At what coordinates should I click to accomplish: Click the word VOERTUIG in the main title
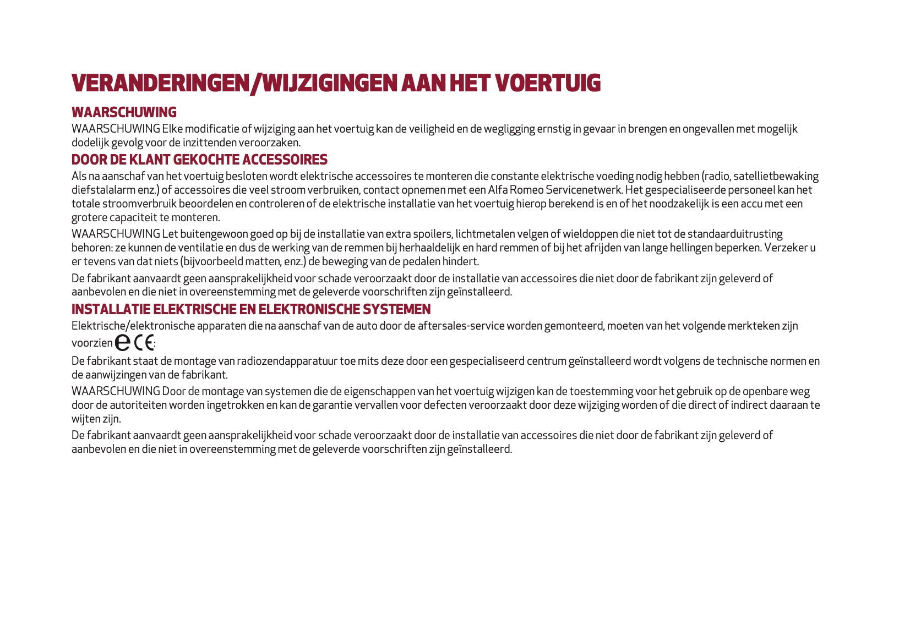pyautogui.click(x=547, y=83)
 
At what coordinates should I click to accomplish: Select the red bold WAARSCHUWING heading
pyautogui.click(x=124, y=112)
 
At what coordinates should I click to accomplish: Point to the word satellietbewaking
pyautogui.click(x=776, y=176)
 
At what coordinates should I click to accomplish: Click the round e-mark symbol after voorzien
pyautogui.click(x=123, y=343)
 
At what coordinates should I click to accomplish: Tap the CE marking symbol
pyautogui.click(x=144, y=343)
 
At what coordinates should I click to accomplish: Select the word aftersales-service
pyautogui.click(x=461, y=326)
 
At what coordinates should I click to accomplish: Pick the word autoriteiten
pyautogui.click(x=137, y=405)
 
